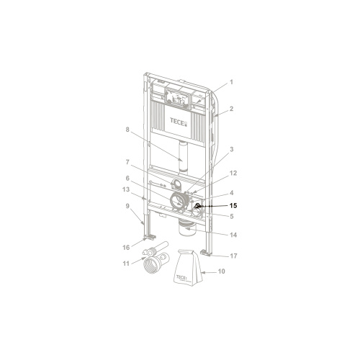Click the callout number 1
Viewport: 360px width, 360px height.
pos(231,82)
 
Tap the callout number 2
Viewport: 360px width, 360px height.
pos(231,109)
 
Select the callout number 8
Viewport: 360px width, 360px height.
pos(127,130)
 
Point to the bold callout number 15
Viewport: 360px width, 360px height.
pos(233,206)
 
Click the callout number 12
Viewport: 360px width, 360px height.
pos(233,173)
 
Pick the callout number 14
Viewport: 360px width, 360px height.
pos(233,235)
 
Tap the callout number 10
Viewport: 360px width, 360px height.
pos(221,271)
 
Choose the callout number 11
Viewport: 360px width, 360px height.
pos(126,264)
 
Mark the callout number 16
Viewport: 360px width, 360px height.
pos(126,248)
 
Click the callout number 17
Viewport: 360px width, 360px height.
pos(233,256)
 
